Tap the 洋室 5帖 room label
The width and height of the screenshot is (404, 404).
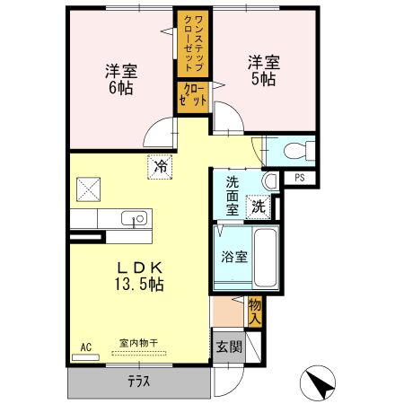click(264, 72)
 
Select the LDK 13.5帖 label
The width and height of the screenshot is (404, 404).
click(138, 276)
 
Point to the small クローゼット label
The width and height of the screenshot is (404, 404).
click(194, 95)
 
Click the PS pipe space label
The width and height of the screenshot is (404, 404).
click(300, 178)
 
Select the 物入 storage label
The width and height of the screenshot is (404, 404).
click(255, 312)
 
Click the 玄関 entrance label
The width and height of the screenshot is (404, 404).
click(229, 347)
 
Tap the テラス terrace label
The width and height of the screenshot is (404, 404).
click(138, 381)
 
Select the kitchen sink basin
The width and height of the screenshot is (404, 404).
click(136, 218)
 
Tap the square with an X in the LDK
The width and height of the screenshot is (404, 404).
click(88, 189)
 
